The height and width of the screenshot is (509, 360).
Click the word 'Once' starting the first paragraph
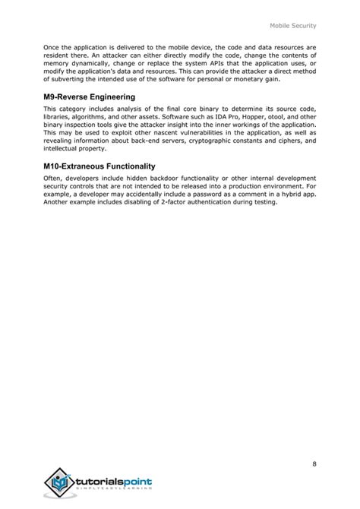(52, 47)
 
